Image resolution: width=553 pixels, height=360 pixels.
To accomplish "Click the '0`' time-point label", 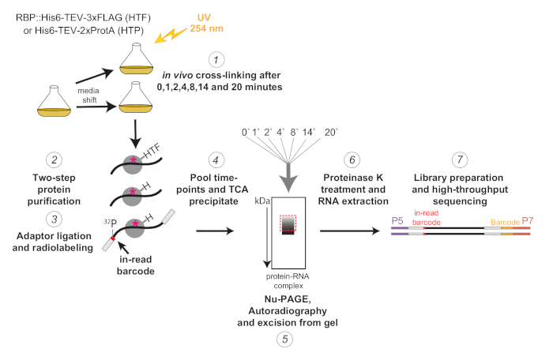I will click(246, 132).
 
